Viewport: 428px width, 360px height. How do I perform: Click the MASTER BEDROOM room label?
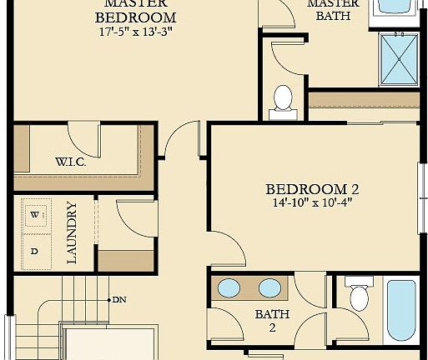pos(135,11)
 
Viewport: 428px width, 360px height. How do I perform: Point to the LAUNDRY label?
pos(72,232)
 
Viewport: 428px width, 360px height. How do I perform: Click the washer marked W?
pos(35,214)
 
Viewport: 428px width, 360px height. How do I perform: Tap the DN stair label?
pos(119,299)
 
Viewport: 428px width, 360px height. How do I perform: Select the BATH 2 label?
pos(272,321)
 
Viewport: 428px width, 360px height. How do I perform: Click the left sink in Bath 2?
pos(229,289)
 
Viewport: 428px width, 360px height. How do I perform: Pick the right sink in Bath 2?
pos(269,289)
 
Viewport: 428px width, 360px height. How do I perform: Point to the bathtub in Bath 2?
pos(400,311)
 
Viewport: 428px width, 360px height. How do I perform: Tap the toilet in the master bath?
pos(283,98)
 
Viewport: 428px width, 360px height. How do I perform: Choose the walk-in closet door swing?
pos(82,137)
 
